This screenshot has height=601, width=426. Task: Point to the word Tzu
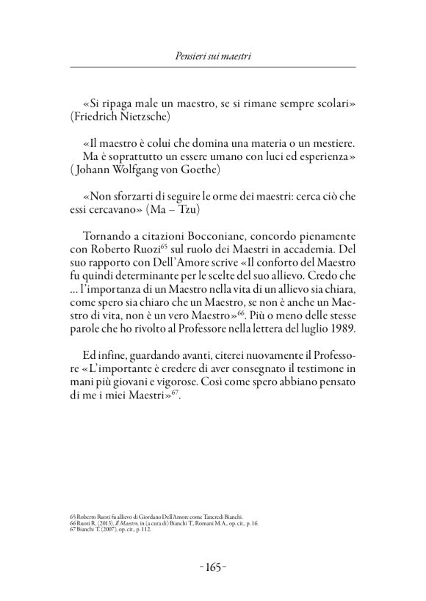[x=187, y=209]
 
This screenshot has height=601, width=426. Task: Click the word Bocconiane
[x=204, y=236]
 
